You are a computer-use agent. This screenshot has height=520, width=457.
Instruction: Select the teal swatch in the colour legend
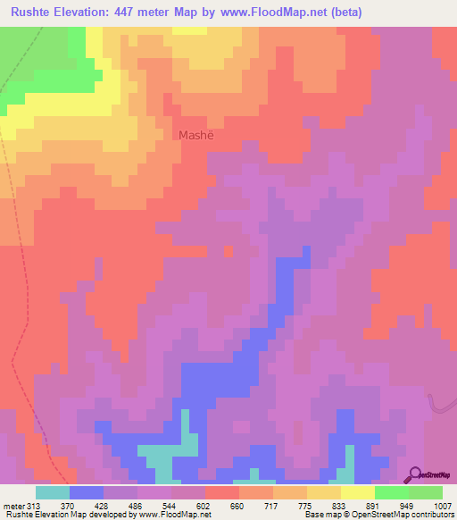(x=52, y=491)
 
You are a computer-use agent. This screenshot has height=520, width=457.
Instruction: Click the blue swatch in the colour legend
(x=86, y=491)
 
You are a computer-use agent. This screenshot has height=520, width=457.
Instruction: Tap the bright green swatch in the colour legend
(x=391, y=491)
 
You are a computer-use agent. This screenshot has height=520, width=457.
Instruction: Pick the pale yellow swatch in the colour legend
(x=357, y=491)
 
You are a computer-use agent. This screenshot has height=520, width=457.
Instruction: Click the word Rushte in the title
(x=34, y=13)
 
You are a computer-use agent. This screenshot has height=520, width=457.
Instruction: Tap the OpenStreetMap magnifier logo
(x=416, y=474)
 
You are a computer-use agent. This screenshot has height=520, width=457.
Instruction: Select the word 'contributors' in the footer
(x=431, y=516)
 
